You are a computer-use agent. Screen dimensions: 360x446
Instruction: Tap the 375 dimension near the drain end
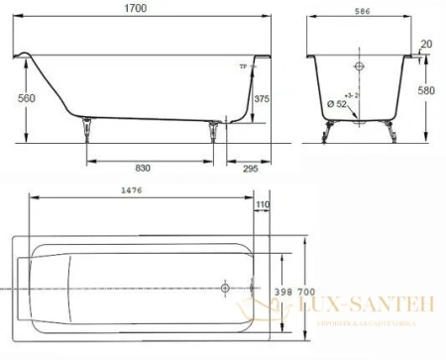261,98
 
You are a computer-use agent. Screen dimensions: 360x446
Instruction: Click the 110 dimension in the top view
262,205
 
